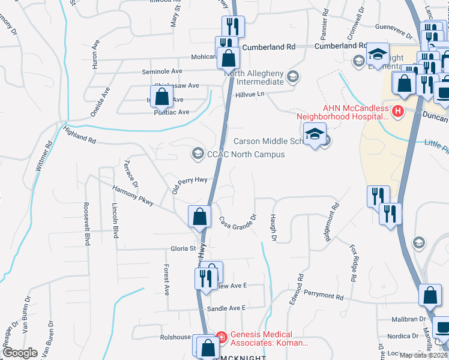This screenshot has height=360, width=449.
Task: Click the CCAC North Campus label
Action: click(x=246, y=154)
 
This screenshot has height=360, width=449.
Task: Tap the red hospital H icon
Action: click(x=397, y=110)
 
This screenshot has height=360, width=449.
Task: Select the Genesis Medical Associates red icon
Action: click(x=221, y=338)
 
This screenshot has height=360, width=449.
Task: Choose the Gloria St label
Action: click(x=184, y=248)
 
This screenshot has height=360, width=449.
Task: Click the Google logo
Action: click(x=20, y=353)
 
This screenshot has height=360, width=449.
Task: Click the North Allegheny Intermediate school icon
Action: click(x=293, y=76)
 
